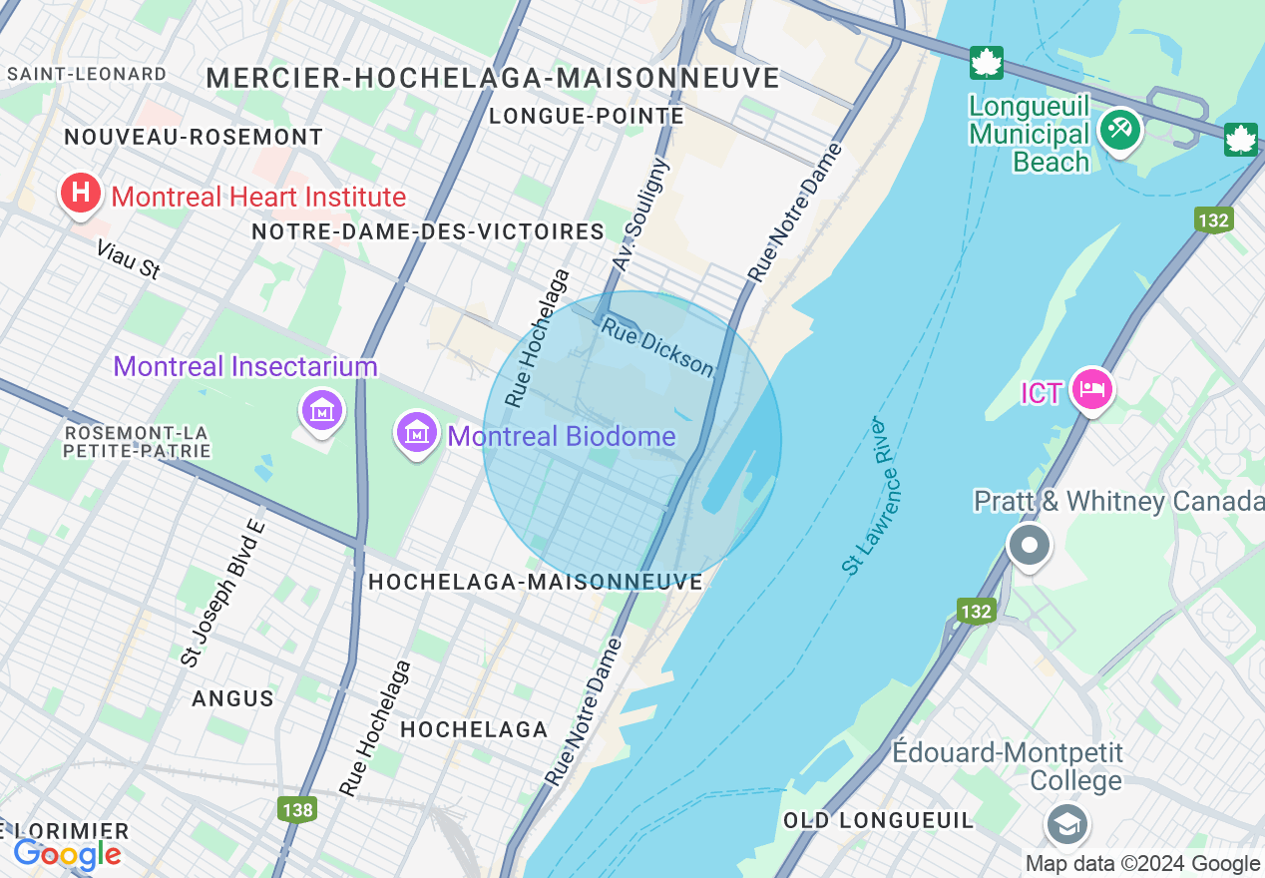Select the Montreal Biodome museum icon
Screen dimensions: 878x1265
tap(417, 434)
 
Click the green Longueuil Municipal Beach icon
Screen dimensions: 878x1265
tap(1120, 130)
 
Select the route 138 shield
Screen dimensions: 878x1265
tap(297, 810)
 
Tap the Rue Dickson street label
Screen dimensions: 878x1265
tap(658, 348)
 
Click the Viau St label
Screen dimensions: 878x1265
tap(129, 258)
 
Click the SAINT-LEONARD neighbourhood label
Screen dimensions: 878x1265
tap(87, 74)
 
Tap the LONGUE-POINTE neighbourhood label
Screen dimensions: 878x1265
tap(587, 117)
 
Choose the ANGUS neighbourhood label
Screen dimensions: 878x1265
tap(233, 698)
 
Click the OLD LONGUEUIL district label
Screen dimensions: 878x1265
tap(878, 820)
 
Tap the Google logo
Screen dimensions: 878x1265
tap(67, 854)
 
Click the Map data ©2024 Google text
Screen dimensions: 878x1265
tap(1143, 864)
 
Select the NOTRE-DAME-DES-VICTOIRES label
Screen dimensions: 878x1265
tap(428, 231)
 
